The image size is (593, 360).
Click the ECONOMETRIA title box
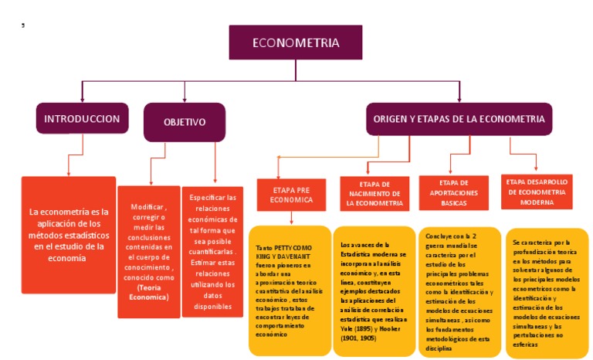[295, 42]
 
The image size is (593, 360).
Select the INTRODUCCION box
[82, 119]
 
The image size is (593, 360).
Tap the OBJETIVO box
[184, 122]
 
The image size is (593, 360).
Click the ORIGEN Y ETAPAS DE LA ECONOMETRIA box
[459, 119]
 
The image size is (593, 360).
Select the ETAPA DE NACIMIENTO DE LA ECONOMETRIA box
[374, 193]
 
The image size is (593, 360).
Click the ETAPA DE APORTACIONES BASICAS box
[453, 193]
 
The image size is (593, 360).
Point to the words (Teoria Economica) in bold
[148, 292]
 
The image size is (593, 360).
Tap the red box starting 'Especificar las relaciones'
[212, 252]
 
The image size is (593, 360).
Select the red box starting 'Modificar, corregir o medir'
[148, 251]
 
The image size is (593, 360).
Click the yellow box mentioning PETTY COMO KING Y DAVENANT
[289, 290]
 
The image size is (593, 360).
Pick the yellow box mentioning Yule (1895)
[374, 290]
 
